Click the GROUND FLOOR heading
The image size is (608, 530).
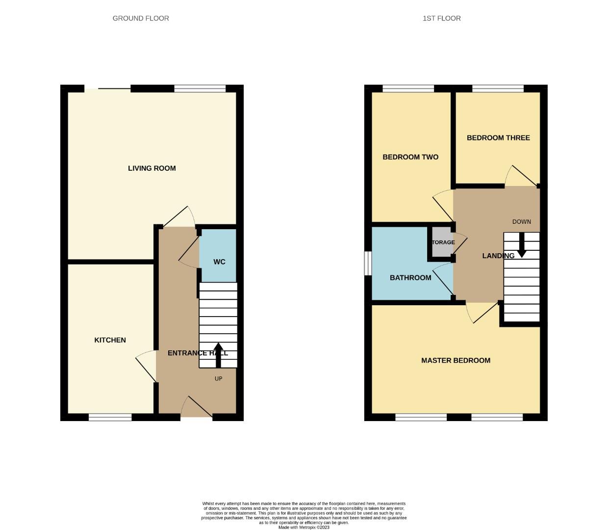pyautogui.click(x=141, y=18)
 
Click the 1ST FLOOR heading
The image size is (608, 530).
pyautogui.click(x=441, y=18)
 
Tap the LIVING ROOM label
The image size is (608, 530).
pyautogui.click(x=152, y=168)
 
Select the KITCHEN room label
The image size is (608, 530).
pyautogui.click(x=110, y=340)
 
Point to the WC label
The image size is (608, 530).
pyautogui.click(x=219, y=262)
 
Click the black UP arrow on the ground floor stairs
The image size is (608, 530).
pyautogui.click(x=218, y=354)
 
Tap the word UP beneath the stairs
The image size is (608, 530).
pyautogui.click(x=218, y=379)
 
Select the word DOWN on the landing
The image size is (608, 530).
pyautogui.click(x=521, y=222)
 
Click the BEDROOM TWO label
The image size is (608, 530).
pyautogui.click(x=410, y=157)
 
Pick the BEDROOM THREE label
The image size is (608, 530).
pyautogui.click(x=498, y=138)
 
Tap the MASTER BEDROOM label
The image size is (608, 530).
pyautogui.click(x=456, y=361)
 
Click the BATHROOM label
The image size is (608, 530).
pyautogui.click(x=410, y=278)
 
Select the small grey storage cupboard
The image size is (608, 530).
pyautogui.click(x=442, y=242)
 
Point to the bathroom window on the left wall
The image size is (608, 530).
pyautogui.click(x=367, y=264)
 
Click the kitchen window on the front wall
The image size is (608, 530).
pyautogui.click(x=110, y=418)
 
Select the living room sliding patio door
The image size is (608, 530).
pyautogui.click(x=108, y=89)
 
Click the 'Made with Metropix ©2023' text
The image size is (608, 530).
pyautogui.click(x=304, y=528)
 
